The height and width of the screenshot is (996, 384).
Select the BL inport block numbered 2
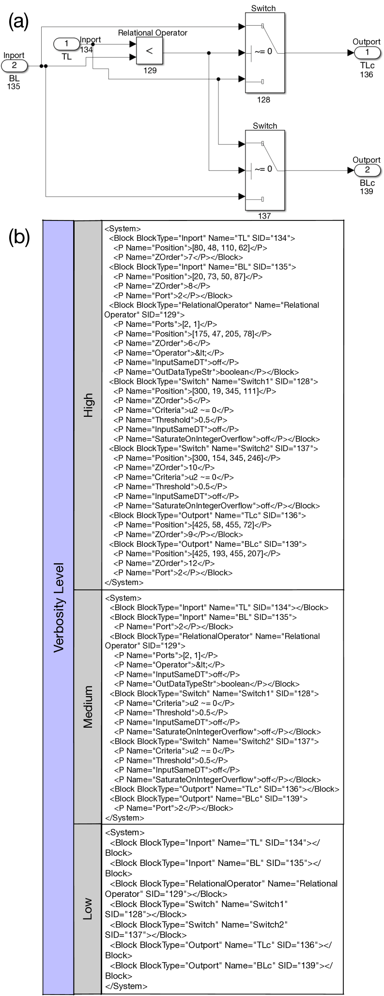14,65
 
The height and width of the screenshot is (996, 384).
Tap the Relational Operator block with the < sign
150,51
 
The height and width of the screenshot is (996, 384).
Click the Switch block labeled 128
264,52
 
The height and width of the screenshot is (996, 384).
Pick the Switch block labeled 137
264,170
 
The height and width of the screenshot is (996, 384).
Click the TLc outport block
367,52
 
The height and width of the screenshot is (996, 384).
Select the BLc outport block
367,170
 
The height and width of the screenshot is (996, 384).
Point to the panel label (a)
19,22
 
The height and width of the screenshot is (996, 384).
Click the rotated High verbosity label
88,405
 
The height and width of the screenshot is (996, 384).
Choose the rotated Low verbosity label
88,909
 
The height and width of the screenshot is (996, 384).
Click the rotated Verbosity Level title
59,607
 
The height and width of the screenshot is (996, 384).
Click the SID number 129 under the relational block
150,70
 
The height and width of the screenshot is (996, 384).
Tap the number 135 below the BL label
14,87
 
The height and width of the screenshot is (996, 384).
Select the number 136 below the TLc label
367,74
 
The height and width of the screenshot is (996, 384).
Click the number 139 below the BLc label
367,191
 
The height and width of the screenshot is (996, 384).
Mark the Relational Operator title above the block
153,33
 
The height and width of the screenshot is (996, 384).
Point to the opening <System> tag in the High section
123,229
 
